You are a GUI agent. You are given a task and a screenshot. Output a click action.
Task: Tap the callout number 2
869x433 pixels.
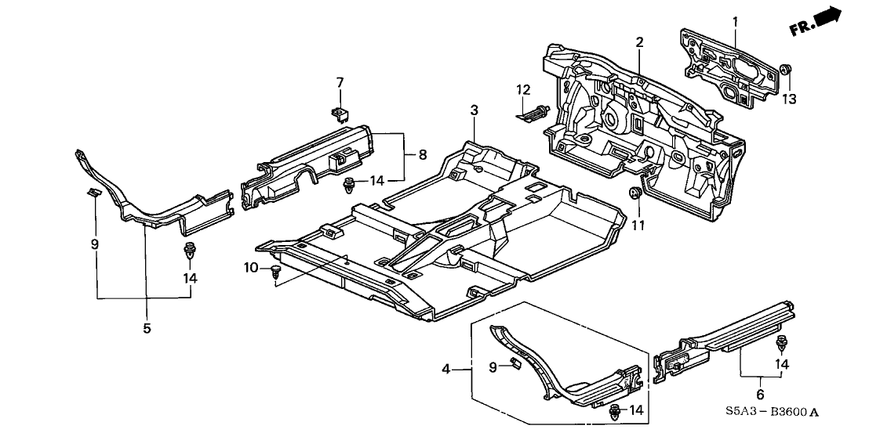(x=640, y=41)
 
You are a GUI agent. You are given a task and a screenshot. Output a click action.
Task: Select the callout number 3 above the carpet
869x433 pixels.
(x=474, y=111)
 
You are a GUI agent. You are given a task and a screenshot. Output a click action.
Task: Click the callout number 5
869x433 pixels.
(x=147, y=328)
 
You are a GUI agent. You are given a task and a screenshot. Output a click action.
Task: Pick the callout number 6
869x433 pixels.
(x=760, y=394)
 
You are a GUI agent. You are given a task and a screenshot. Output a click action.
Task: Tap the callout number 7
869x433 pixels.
(x=340, y=82)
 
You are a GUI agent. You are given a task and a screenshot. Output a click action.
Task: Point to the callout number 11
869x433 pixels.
(x=637, y=226)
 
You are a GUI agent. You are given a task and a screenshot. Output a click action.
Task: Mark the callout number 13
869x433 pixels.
(x=788, y=99)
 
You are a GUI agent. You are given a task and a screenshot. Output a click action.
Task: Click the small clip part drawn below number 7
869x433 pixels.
(x=340, y=114)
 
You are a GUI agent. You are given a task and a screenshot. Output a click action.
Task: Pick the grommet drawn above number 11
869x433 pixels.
(x=637, y=193)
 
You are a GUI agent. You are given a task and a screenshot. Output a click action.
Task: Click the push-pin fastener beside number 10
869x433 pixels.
(x=275, y=272)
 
